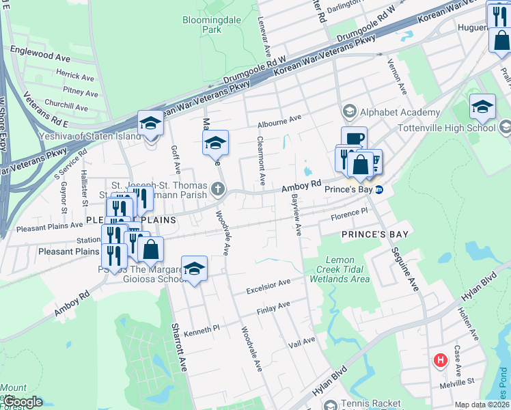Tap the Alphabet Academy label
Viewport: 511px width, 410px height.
pos(400,112)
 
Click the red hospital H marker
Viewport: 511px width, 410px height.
pos(441,359)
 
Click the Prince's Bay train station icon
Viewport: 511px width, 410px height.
pos(380,189)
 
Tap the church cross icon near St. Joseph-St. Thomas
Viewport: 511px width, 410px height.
pos(219,189)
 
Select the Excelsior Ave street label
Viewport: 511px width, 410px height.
pos(268,282)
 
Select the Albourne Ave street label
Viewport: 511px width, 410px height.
pos(279,120)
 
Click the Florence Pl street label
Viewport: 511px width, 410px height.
pos(349,215)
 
